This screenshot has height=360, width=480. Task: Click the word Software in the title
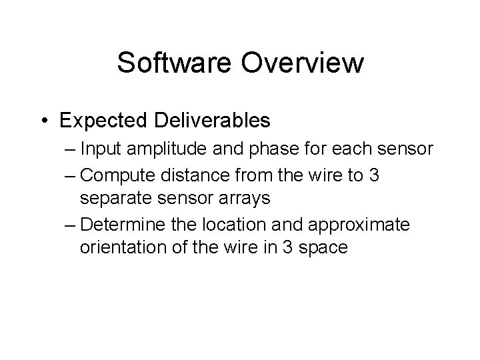click(x=174, y=63)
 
